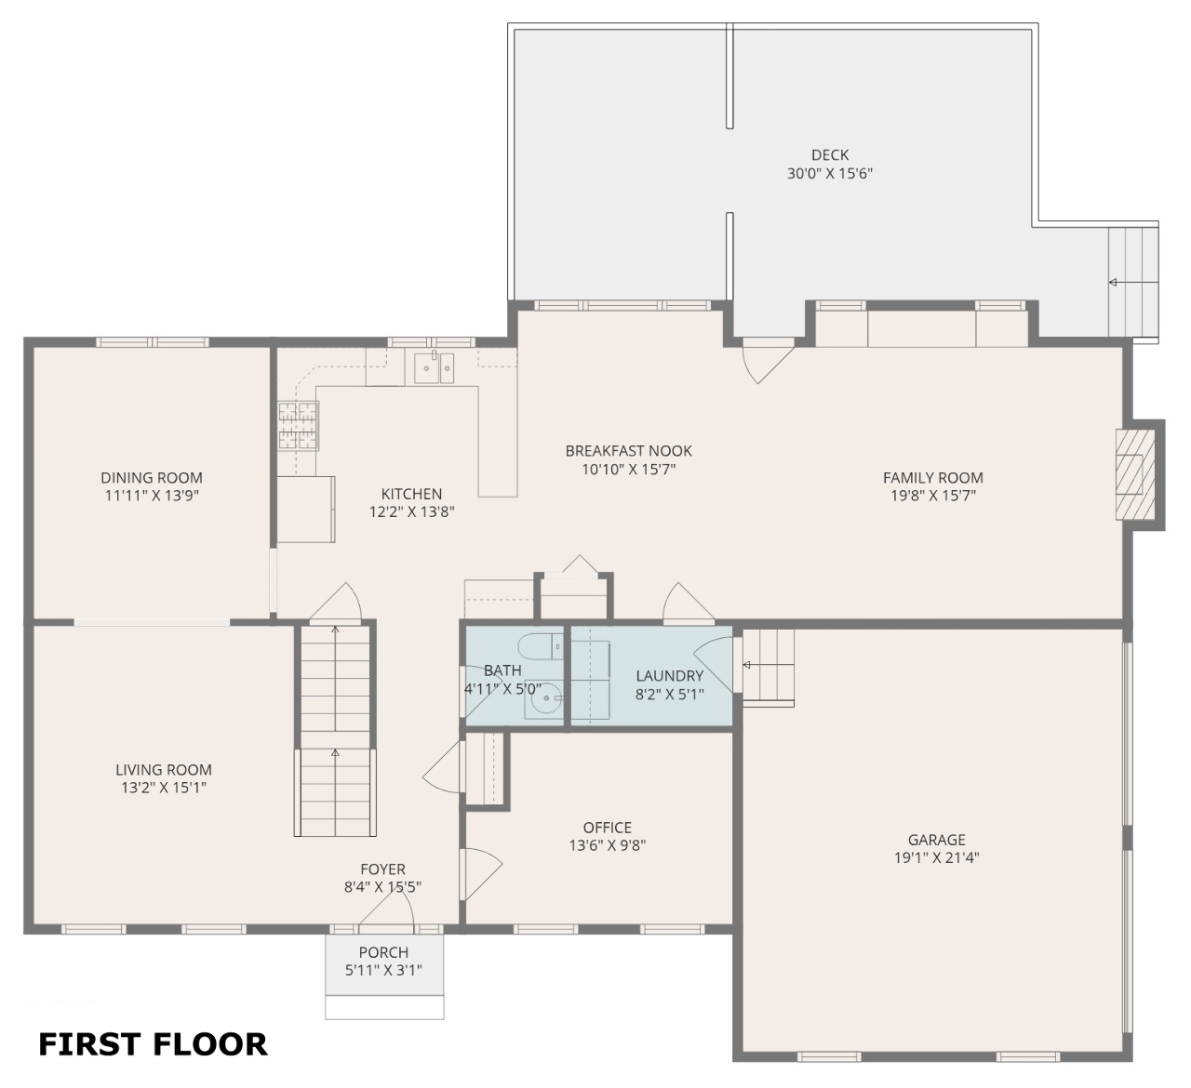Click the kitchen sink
[434, 367]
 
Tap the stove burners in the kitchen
[299, 425]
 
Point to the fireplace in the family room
[1135, 475]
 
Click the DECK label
[830, 155]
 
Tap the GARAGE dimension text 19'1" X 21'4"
[936, 857]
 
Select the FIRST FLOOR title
[154, 1044]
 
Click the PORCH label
[383, 952]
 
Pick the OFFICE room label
[608, 828]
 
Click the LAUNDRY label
[670, 675]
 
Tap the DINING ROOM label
[152, 478]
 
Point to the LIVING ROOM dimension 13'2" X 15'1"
[164, 788]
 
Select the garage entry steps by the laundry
[769, 666]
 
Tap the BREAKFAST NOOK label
[628, 451]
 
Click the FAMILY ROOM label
[932, 478]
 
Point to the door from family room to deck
[769, 362]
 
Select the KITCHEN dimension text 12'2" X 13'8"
[412, 511]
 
